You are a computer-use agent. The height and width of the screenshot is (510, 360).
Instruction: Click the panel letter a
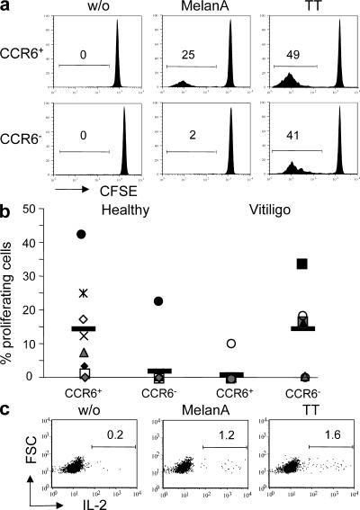coord(8,8)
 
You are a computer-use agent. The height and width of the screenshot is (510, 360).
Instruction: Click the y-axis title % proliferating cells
coord(12,292)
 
